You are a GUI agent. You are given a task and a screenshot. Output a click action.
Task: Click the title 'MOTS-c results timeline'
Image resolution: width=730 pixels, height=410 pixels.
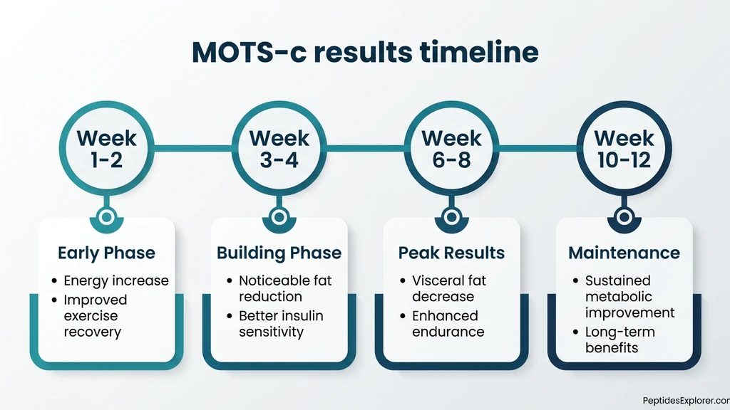(x=365, y=53)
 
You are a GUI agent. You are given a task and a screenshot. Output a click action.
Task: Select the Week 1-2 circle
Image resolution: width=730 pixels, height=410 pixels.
(x=106, y=148)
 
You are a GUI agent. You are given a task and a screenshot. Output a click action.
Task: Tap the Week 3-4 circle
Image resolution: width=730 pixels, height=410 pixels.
(x=279, y=148)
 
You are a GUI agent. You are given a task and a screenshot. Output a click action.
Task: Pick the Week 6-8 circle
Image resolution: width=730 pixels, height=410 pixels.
(x=451, y=148)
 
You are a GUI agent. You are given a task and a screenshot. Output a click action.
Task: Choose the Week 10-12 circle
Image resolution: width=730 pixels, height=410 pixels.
(x=624, y=148)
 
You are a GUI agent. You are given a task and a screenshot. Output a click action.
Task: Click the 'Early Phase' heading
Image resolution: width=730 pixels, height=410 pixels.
(x=106, y=253)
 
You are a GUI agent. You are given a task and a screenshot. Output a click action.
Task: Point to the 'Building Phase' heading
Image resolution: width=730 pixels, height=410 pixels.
(x=279, y=253)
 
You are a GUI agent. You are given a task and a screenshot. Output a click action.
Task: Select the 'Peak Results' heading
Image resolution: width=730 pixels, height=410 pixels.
(x=451, y=253)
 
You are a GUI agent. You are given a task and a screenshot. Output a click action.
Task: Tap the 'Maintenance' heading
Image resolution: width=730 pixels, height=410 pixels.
(x=624, y=253)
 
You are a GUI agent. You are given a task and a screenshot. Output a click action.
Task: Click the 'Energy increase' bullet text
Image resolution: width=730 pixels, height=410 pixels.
(x=115, y=280)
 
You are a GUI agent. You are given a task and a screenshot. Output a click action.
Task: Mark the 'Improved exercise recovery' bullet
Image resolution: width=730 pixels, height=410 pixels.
(x=95, y=316)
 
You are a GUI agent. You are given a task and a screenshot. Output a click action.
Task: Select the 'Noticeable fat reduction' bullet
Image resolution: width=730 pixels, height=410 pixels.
(x=284, y=288)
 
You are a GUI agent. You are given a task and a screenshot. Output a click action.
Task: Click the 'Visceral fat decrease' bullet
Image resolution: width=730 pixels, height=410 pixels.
(x=448, y=288)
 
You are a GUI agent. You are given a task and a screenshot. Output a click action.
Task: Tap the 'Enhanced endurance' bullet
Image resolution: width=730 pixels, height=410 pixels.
(x=448, y=324)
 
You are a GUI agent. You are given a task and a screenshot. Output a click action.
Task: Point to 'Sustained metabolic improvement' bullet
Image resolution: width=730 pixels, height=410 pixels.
(x=629, y=296)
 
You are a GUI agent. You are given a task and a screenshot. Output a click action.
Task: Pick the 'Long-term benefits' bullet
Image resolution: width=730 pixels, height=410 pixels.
(x=619, y=340)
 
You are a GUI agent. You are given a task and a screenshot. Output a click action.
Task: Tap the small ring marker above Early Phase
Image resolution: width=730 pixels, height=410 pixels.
(x=106, y=216)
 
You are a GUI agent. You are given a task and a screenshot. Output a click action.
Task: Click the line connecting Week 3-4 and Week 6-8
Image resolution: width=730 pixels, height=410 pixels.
(x=365, y=148)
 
